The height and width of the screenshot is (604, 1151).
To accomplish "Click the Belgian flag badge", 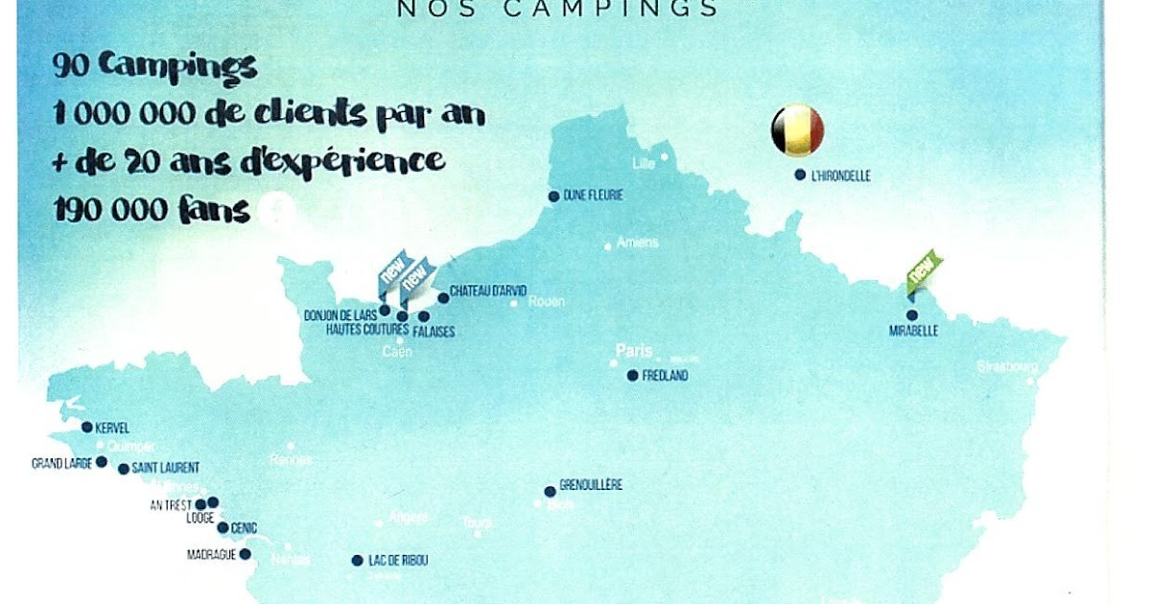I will [797, 129].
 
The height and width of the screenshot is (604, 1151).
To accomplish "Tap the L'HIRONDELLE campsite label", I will [840, 175].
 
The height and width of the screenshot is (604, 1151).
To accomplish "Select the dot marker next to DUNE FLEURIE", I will [553, 197].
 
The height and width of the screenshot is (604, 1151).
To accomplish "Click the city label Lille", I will [643, 163].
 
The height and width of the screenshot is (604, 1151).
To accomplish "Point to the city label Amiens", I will [637, 243].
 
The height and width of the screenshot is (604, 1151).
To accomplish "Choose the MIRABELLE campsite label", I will [913, 332].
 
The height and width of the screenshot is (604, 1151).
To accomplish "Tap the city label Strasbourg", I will [1007, 366].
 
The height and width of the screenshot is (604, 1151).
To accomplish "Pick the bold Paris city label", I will [634, 351].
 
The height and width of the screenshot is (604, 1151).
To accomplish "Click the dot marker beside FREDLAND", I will [632, 376].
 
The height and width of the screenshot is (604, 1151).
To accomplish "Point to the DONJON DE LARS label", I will [341, 314].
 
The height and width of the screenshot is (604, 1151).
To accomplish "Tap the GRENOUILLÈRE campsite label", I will [590, 485].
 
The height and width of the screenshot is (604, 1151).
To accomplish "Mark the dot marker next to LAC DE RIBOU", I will [357, 561].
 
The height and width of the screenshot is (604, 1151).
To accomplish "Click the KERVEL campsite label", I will [112, 428].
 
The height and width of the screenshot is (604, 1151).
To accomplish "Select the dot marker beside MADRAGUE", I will [245, 554].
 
